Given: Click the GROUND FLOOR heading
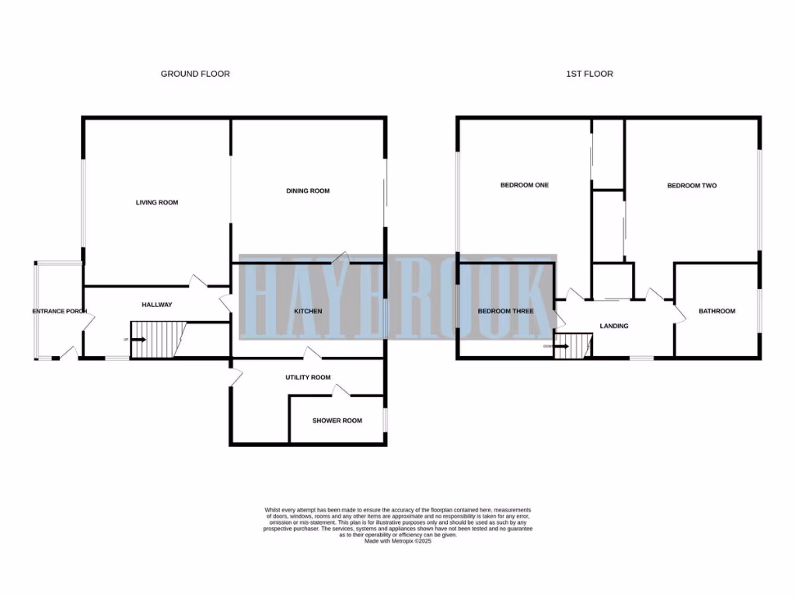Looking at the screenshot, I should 195,74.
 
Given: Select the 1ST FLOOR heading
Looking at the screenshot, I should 589,74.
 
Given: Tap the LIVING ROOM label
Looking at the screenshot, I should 157,202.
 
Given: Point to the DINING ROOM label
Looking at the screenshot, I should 308,190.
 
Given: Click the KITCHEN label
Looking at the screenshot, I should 308,311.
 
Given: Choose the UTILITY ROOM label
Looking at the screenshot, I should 308,377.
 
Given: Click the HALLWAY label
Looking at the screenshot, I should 156,305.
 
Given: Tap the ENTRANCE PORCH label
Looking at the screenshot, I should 59,311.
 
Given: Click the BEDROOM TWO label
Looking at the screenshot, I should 692,186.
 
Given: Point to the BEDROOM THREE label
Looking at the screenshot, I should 505,311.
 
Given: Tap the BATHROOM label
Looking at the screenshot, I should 716,311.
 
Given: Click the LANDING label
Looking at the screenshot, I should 614,326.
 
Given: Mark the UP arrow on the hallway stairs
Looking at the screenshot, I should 138,340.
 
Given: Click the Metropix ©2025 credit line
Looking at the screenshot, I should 397,541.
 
